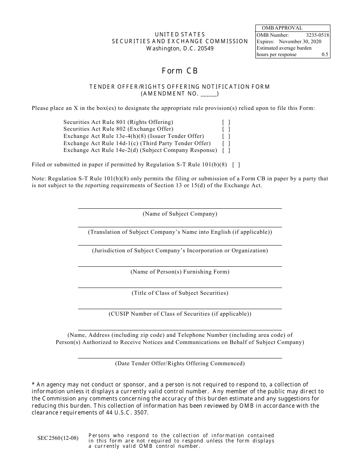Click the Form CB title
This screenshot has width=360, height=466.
(180, 71)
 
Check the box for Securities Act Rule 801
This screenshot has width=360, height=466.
(226, 122)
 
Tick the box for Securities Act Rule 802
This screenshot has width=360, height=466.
(226, 129)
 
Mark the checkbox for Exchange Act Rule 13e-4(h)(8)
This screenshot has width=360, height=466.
(226, 136)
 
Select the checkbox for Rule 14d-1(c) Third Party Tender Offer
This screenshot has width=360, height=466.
(226, 143)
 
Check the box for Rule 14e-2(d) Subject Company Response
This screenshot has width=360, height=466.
(226, 150)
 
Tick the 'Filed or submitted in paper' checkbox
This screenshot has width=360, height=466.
(236, 165)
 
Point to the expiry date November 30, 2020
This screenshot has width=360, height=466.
(300, 41)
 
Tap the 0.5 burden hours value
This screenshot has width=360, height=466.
(325, 55)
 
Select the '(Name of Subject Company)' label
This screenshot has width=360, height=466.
(180, 214)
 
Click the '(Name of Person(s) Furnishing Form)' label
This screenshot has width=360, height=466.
(180, 272)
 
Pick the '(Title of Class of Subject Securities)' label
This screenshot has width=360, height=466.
(180, 293)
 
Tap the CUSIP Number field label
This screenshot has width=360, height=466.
(180, 314)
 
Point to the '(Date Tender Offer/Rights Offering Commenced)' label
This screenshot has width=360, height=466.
(180, 363)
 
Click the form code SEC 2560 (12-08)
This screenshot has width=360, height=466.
(58, 438)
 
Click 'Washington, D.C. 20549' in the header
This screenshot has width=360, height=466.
(180, 48)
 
